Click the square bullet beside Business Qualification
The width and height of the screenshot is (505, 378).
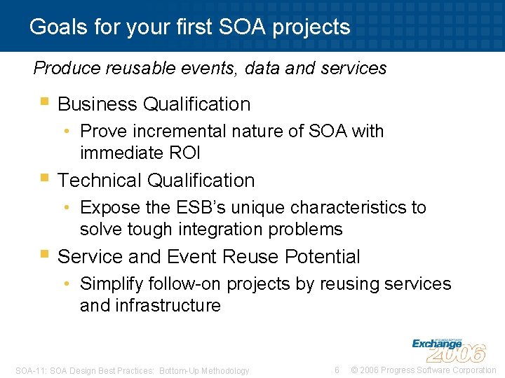(45, 103)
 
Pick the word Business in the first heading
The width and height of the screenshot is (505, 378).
(97, 104)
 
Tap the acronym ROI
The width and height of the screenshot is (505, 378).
(184, 153)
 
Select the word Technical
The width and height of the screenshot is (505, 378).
(100, 181)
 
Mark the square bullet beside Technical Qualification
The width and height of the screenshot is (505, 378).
(45, 179)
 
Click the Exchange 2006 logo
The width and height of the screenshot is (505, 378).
(449, 349)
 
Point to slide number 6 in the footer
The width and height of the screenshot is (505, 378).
(337, 370)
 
